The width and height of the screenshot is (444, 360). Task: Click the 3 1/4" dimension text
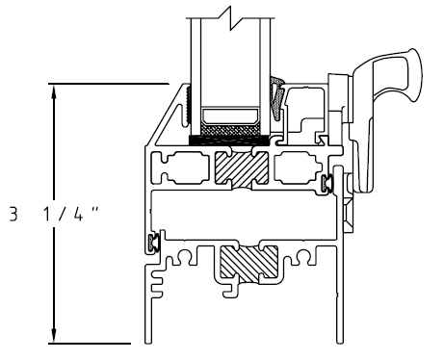[x=54, y=215]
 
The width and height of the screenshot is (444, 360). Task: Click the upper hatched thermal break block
[x=241, y=168]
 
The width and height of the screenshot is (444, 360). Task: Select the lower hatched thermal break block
[x=248, y=262]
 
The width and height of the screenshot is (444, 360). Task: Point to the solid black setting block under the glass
[x=229, y=141]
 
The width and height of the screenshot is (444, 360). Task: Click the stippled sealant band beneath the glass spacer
[x=230, y=130]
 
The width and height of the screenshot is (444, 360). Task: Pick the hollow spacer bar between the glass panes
[x=230, y=116]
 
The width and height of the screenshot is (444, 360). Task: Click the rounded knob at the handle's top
[x=415, y=74]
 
